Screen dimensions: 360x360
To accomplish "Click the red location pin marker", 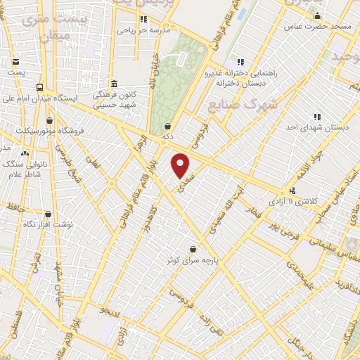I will pos(181,165).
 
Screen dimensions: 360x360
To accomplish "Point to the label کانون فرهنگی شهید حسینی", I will pos(114,99).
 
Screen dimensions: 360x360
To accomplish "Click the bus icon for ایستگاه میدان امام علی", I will pos(39,87).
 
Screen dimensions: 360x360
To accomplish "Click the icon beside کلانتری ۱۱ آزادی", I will pos(292,191).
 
